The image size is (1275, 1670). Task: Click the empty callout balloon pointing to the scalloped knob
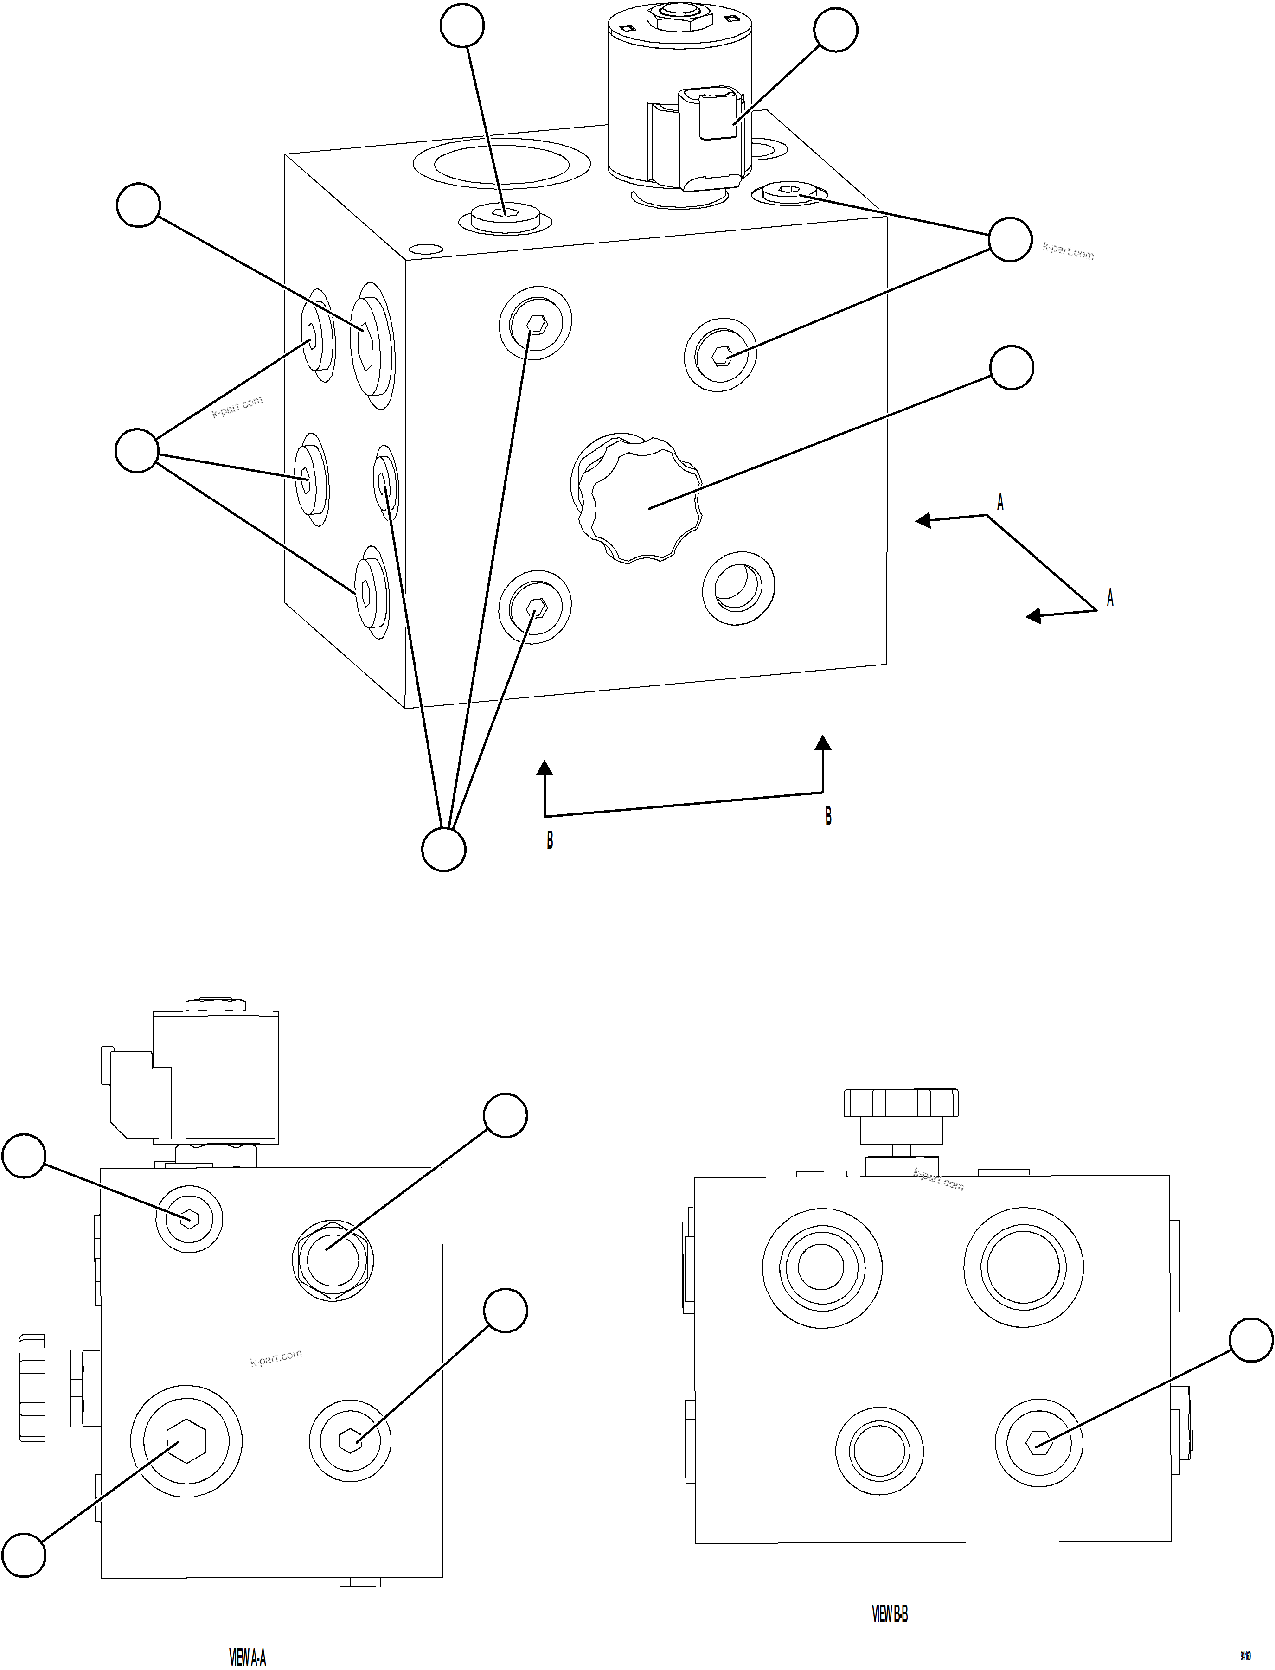(x=1012, y=368)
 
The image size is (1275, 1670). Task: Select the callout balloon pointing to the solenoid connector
(x=836, y=30)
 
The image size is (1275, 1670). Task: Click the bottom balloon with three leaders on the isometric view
(x=443, y=849)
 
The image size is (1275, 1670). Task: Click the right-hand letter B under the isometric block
(x=828, y=816)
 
